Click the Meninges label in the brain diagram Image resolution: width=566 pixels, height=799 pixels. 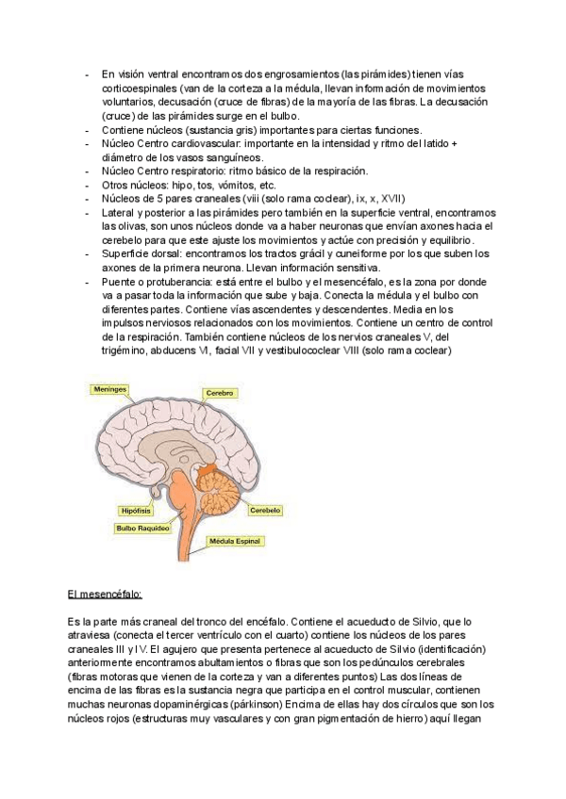point(109,387)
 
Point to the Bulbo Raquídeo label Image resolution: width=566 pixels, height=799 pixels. point(142,529)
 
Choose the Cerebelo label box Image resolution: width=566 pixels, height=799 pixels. point(265,510)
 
